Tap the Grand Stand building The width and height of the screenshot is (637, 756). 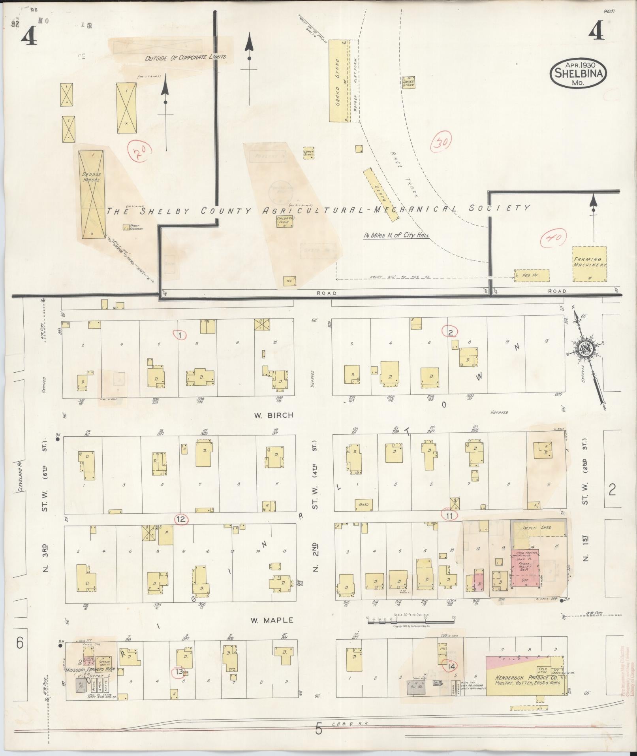click(x=338, y=81)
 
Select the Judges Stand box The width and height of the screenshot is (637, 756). click(x=408, y=82)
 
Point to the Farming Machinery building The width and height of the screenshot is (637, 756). click(x=590, y=264)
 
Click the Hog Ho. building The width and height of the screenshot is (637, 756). click(x=532, y=275)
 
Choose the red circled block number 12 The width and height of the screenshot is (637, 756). click(x=181, y=519)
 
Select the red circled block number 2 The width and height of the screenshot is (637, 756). click(x=450, y=332)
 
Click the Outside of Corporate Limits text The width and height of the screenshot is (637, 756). click(x=186, y=57)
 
